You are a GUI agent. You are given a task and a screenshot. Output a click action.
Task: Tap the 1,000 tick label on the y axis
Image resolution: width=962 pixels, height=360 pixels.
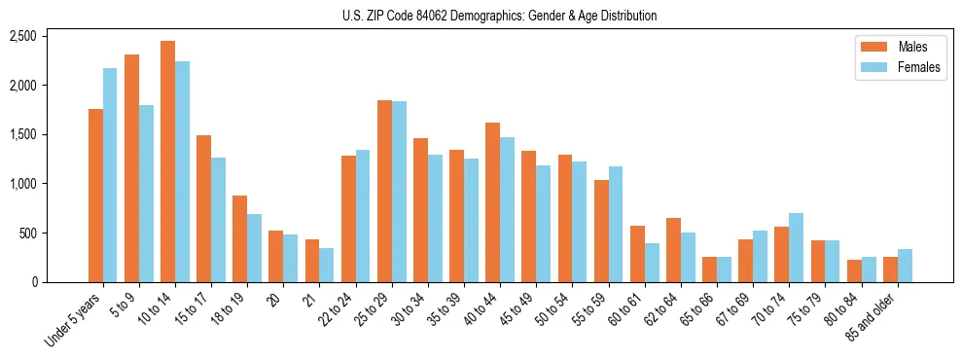coord(21,184)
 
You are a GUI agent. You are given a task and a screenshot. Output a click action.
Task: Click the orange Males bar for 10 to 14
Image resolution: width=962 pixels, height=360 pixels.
coord(168,162)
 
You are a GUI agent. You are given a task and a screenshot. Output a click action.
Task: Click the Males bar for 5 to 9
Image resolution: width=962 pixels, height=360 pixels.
coord(132,168)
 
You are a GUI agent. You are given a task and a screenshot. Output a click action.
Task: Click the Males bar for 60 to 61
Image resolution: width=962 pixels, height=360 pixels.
coord(637,254)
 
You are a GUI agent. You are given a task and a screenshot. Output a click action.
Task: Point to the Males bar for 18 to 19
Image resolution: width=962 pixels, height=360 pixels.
coord(240,238)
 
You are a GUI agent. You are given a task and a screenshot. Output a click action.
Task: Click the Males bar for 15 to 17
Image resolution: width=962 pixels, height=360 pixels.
coord(204,208)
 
